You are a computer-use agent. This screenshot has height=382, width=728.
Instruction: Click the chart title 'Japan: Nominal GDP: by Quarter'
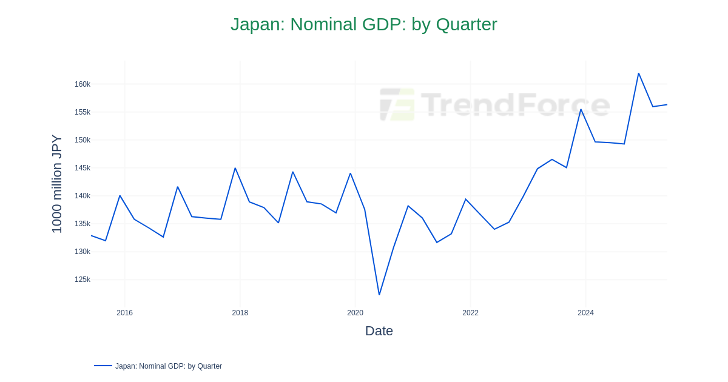[364, 24]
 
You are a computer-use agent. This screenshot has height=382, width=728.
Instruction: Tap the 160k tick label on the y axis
[83, 84]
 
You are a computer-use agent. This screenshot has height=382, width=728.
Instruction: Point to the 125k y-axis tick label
[83, 280]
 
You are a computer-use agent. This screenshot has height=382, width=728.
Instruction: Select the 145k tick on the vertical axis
[83, 168]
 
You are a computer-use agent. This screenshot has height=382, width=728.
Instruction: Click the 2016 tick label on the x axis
[125, 313]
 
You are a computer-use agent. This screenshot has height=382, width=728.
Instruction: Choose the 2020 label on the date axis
[356, 313]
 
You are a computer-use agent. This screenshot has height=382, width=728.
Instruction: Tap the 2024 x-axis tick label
[585, 313]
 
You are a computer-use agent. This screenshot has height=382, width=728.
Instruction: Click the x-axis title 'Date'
[379, 331]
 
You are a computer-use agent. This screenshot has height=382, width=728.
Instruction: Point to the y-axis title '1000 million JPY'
[57, 184]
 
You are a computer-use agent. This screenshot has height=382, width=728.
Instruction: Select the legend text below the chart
[169, 366]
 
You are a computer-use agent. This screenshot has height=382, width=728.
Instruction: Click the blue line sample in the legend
[103, 366]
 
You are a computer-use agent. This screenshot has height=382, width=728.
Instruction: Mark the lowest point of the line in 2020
[379, 295]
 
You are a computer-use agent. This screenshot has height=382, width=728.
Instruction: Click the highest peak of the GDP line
[638, 73]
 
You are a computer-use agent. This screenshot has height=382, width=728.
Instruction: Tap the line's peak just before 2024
[581, 110]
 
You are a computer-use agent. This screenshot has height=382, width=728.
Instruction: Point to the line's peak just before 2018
[235, 168]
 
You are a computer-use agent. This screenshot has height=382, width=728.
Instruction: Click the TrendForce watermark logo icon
[397, 104]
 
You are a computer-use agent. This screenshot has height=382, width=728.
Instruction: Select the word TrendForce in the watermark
[516, 104]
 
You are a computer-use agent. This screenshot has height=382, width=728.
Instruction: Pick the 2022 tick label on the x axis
[471, 313]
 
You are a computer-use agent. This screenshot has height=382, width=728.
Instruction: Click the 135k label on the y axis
[83, 224]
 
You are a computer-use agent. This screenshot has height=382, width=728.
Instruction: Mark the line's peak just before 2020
[350, 173]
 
